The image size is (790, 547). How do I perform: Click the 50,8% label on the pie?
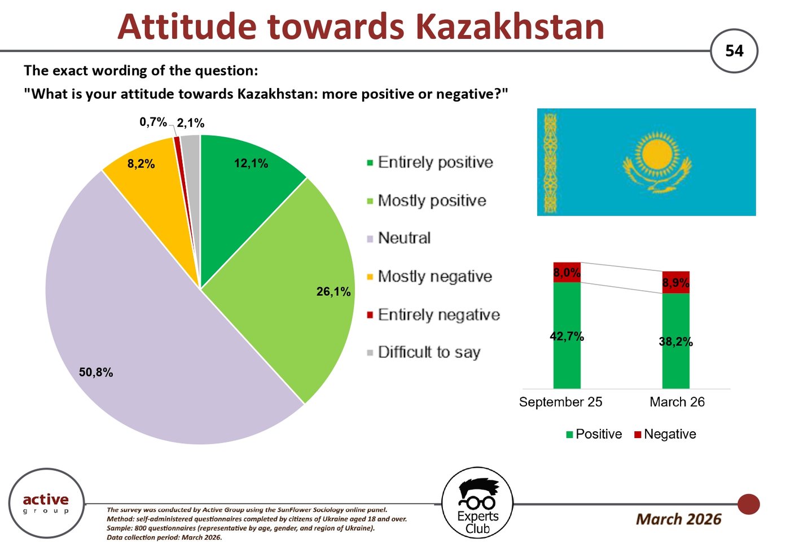pyautogui.click(x=96, y=373)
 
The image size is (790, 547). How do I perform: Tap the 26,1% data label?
pyautogui.click(x=333, y=291)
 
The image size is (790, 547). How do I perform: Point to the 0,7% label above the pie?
pyautogui.click(x=153, y=122)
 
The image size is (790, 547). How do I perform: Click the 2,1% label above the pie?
pyautogui.click(x=191, y=123)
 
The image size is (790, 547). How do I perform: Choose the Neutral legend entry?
pyautogui.click(x=399, y=238)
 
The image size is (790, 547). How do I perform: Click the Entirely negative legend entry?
pyautogui.click(x=433, y=314)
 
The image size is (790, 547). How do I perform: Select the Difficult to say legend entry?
pyautogui.click(x=424, y=352)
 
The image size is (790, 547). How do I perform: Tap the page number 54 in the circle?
pyautogui.click(x=734, y=51)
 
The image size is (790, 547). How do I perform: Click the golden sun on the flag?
pyautogui.click(x=657, y=154)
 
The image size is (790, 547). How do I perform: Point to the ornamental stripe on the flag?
pyautogui.click(x=551, y=163)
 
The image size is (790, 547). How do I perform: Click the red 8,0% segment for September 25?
pyautogui.click(x=567, y=272)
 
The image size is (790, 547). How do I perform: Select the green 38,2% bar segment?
pyautogui.click(x=676, y=340)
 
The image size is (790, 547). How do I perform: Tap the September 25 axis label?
pyautogui.click(x=560, y=402)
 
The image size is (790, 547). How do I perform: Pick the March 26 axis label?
pyautogui.click(x=677, y=402)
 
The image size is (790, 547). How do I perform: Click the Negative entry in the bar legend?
pyautogui.click(x=665, y=434)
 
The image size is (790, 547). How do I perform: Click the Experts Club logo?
pyautogui.click(x=477, y=503)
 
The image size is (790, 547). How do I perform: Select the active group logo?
pyautogui.click(x=46, y=503)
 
